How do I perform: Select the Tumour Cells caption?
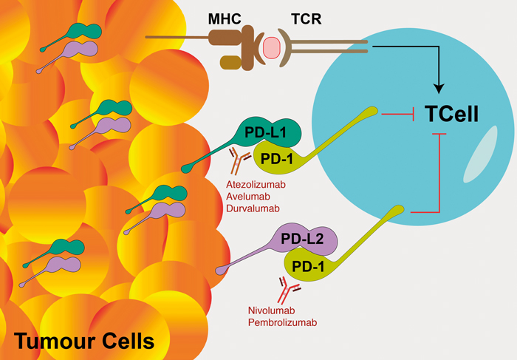point(83,341)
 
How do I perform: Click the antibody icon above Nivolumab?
point(284,289)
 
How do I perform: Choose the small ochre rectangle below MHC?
point(230,65)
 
